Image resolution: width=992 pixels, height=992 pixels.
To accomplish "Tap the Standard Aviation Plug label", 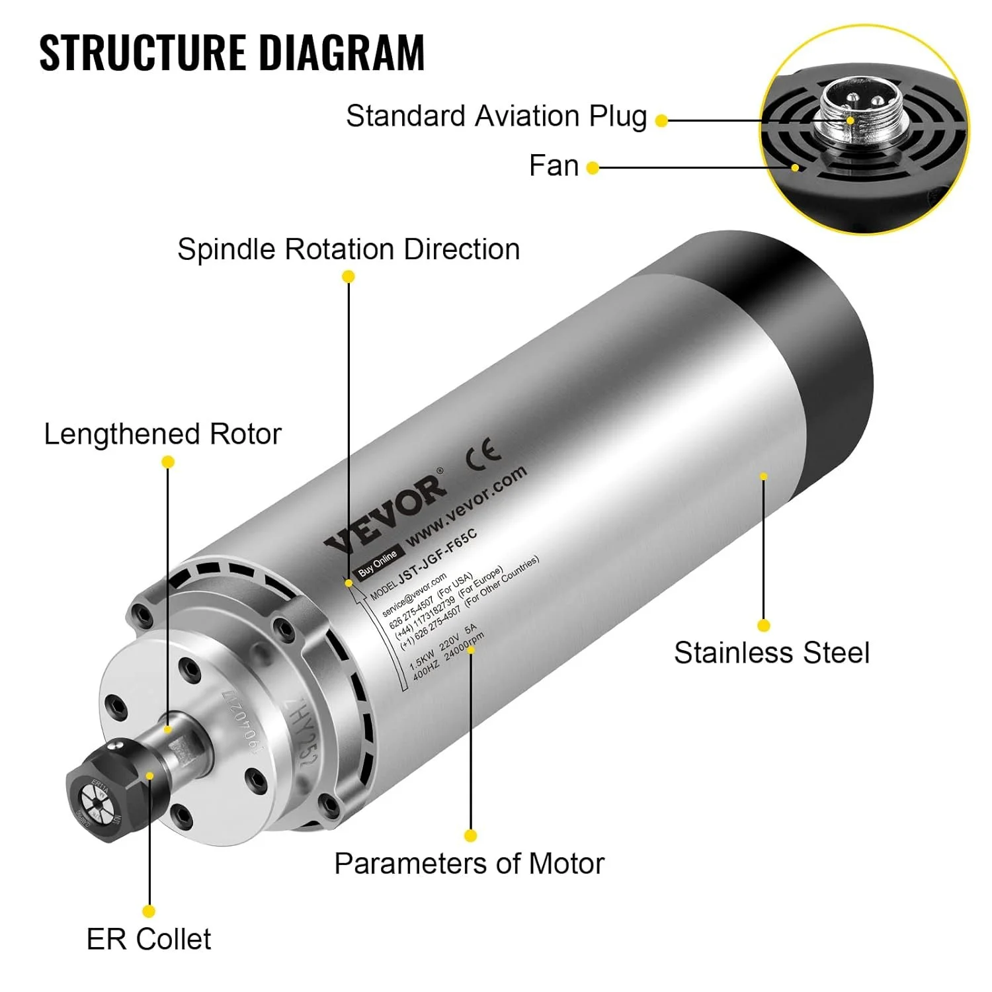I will (496, 116).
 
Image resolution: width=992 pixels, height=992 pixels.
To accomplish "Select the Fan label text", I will (554, 166).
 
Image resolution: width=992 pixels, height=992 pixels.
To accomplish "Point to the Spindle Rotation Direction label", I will (349, 250).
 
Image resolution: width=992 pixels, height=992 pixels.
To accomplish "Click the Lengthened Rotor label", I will (163, 434).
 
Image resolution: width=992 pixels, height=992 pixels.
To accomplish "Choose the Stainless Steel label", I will (771, 653).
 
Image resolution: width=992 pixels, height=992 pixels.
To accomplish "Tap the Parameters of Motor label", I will (469, 864).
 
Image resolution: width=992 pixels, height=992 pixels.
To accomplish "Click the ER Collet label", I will (149, 939).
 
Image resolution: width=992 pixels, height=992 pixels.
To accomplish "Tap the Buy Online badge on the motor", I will (378, 563).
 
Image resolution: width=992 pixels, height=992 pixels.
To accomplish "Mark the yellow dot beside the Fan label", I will (593, 168).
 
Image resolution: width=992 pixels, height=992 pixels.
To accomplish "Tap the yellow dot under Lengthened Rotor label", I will (168, 462).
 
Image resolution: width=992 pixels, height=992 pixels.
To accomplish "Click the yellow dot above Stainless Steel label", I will (764, 626).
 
